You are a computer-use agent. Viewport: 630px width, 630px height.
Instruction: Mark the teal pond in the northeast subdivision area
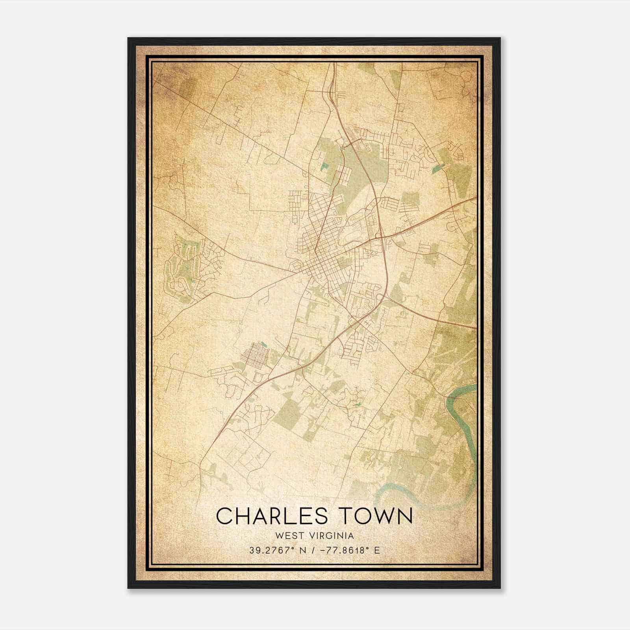436,170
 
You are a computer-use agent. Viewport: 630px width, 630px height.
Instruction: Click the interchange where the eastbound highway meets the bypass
380,236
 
